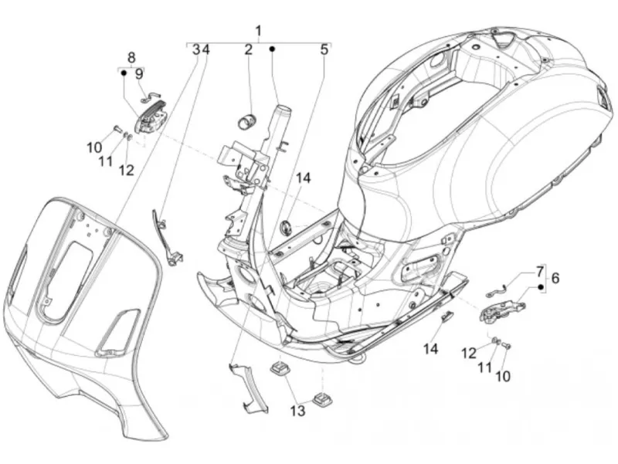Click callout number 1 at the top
[259, 31]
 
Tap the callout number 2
[248, 49]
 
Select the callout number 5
[324, 49]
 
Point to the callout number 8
[131, 57]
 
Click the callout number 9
[139, 74]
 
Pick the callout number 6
[555, 279]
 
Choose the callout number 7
[539, 271]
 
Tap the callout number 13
[298, 411]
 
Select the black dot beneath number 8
[124, 73]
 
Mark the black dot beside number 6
[542, 286]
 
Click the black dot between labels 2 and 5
[272, 49]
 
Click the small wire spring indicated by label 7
[497, 290]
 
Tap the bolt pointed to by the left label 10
[117, 128]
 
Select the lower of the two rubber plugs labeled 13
[323, 398]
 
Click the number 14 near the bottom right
[431, 349]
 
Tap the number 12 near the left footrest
[127, 170]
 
